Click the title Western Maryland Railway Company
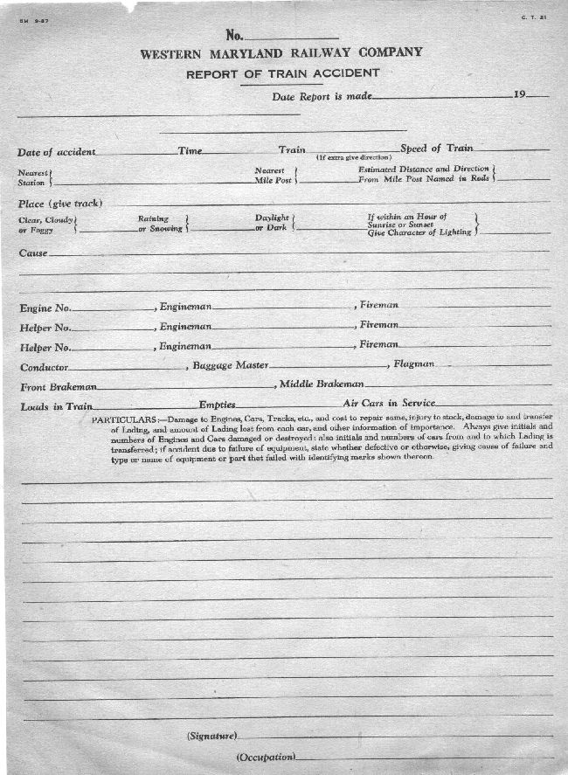tap(281, 52)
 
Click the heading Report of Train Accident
tap(282, 73)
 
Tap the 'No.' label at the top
tap(234, 35)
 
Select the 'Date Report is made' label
tap(322, 97)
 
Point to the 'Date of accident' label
tap(57, 152)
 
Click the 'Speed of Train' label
tap(437, 149)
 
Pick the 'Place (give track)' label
tap(60, 204)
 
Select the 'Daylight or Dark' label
tap(273, 223)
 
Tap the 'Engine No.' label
tap(45, 308)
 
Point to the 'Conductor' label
tap(44, 367)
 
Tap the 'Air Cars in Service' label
tap(388, 404)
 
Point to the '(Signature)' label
tap(212, 737)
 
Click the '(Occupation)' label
tap(267, 757)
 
